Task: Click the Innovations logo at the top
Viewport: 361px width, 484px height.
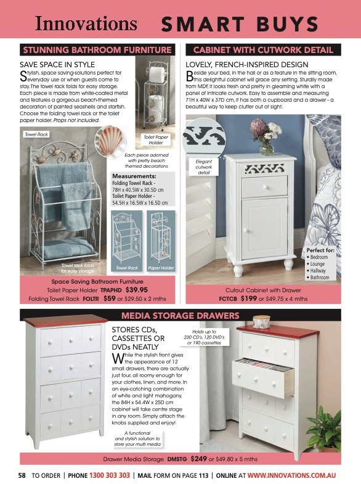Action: (x=86, y=23)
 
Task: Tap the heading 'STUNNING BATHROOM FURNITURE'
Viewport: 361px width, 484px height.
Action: (x=97, y=50)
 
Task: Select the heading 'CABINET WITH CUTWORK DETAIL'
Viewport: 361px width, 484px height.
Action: (x=263, y=50)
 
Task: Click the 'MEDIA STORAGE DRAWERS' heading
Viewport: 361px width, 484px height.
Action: (x=180, y=316)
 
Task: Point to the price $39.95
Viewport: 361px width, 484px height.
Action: (x=136, y=289)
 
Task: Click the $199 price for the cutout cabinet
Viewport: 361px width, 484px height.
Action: (x=248, y=298)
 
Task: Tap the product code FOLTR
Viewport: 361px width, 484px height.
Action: (x=91, y=298)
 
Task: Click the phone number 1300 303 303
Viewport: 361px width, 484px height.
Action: (x=110, y=475)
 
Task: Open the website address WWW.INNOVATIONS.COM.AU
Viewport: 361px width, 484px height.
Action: (x=291, y=475)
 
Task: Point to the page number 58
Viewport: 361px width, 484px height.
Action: (x=22, y=475)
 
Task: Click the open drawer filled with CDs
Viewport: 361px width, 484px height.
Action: (x=264, y=375)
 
